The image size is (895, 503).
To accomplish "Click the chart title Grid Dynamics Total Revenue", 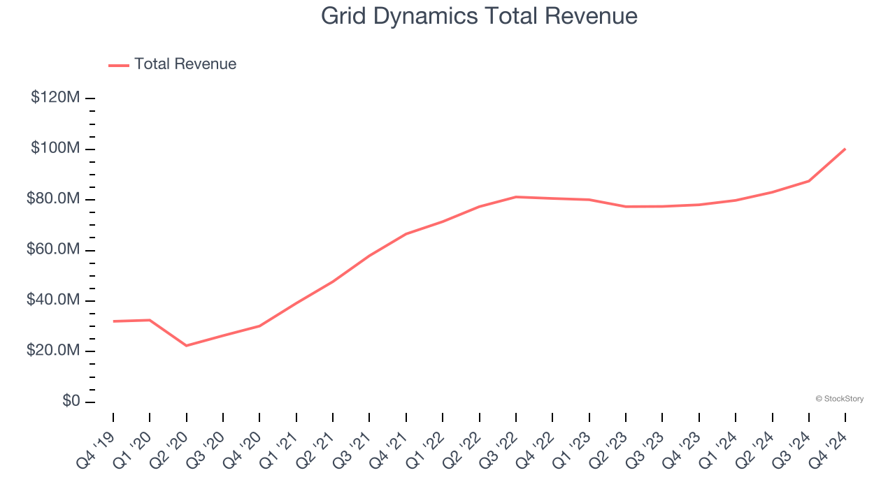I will tap(479, 16).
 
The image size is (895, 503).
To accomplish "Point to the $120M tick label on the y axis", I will tap(55, 98).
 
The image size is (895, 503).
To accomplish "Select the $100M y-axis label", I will tap(55, 149).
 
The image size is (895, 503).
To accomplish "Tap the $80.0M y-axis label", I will tap(53, 199).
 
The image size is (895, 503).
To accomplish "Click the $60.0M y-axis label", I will tap(53, 250).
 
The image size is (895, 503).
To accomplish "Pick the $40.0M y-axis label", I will tap(53, 300).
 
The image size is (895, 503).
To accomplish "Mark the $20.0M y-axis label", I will tap(53, 351).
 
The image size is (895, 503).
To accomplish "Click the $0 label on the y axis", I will tap(71, 402).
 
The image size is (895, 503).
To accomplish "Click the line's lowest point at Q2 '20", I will tap(186, 345).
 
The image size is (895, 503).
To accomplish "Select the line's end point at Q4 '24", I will tap(845, 149).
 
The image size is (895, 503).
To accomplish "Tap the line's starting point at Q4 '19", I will tap(113, 321).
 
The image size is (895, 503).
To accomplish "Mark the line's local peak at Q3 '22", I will tap(516, 197).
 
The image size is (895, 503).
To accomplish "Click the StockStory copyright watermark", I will tap(839, 399).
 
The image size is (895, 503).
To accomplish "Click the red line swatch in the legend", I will tap(119, 65).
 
